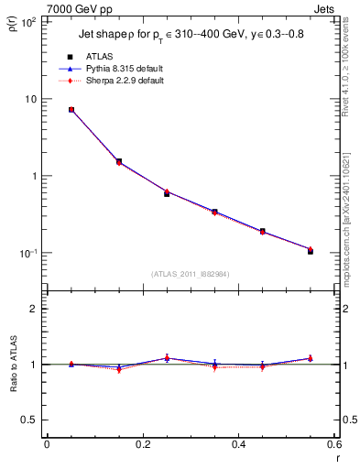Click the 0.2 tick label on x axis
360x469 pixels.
(x=142, y=445)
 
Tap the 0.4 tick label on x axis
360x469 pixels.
(x=238, y=445)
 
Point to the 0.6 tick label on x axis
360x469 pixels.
(x=333, y=445)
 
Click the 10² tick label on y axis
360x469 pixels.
(x=28, y=21)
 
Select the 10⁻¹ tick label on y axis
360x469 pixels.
(x=27, y=253)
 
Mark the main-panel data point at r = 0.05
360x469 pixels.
(x=71, y=110)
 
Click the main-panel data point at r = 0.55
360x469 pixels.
(x=310, y=250)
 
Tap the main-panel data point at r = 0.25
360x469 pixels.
(x=167, y=193)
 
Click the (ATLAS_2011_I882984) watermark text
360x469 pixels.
(x=190, y=274)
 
